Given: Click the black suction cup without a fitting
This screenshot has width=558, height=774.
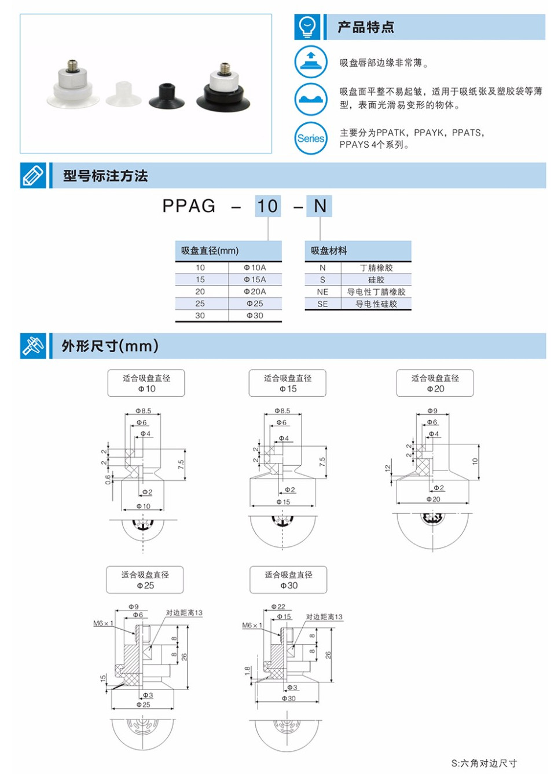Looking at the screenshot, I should click(166, 96).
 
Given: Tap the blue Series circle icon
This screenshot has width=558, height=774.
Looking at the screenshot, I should click(311, 138).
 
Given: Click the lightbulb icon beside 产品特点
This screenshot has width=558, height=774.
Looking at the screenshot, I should click(307, 27).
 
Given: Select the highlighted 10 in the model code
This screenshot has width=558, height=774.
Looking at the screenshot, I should click(267, 206).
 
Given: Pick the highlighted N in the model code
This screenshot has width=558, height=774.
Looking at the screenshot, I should click(320, 206).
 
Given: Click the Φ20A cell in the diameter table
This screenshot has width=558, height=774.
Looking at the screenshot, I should click(255, 291).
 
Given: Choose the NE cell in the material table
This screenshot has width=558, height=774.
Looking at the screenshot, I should click(322, 292).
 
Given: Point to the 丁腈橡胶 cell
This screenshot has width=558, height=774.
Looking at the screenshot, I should click(376, 268).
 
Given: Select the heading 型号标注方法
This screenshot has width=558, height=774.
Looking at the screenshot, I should click(105, 176).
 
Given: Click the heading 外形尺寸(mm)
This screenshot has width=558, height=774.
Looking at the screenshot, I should click(110, 346).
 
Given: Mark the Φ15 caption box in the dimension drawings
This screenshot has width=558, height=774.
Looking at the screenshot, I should click(288, 383).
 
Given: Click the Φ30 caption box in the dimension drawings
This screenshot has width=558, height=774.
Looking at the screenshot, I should click(288, 580).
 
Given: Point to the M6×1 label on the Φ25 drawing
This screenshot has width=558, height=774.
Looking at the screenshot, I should click(103, 623).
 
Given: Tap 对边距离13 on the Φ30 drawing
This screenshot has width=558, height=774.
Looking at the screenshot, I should click(324, 617).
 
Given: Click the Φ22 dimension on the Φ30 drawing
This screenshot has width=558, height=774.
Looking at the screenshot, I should click(278, 607).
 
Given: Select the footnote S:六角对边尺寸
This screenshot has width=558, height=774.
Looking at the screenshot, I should click(484, 763).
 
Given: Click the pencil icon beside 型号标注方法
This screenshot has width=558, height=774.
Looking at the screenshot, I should click(33, 176).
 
